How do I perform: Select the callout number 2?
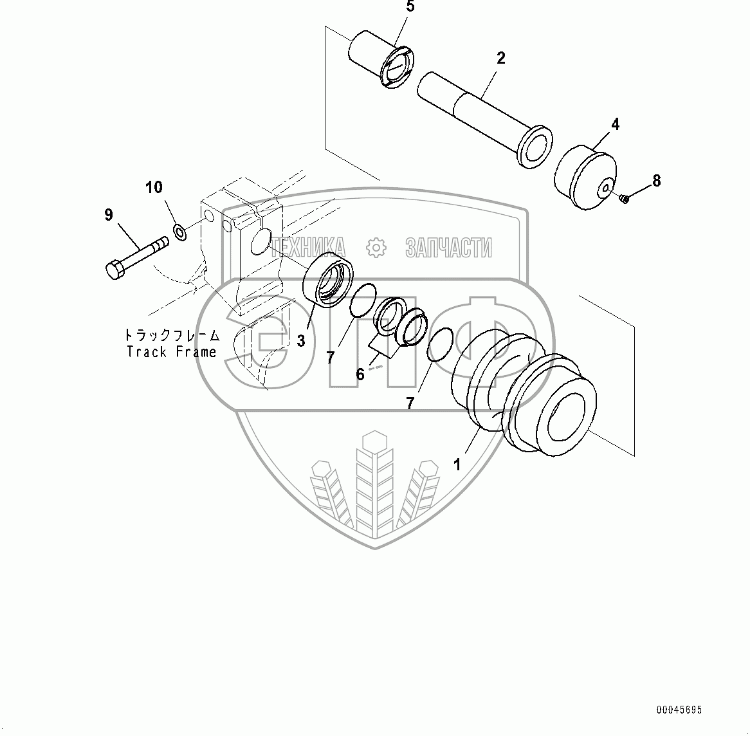(x=500, y=58)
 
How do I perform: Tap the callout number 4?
(x=615, y=124)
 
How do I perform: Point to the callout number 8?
(x=656, y=181)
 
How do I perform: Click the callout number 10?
(x=154, y=188)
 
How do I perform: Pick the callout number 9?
(x=108, y=214)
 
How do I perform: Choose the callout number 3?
(x=300, y=341)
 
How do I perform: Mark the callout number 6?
(x=360, y=374)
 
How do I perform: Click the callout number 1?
(x=457, y=464)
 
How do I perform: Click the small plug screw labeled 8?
(x=623, y=199)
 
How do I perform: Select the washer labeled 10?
(x=181, y=231)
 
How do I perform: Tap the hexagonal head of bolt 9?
(x=113, y=269)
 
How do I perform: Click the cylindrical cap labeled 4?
(x=585, y=176)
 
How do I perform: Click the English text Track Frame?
(x=172, y=352)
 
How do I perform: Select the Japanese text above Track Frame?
(x=172, y=335)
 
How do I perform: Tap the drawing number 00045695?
(x=680, y=710)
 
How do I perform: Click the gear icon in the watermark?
(x=375, y=247)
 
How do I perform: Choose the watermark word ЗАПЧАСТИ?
(x=448, y=247)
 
